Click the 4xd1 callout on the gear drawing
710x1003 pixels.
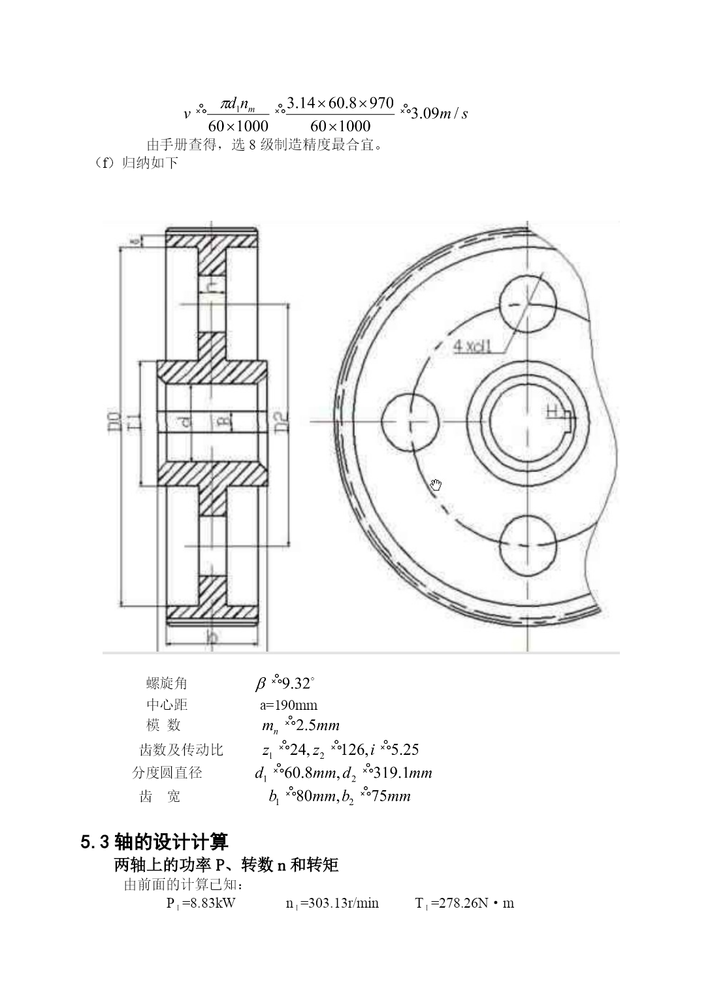click(472, 345)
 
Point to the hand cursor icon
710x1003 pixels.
click(436, 485)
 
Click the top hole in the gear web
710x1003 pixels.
click(528, 304)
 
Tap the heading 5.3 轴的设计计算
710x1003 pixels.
click(154, 842)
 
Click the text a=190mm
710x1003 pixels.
click(289, 705)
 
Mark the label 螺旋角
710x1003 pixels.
click(167, 684)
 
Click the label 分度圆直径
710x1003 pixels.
click(167, 772)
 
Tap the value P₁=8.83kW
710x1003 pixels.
click(201, 904)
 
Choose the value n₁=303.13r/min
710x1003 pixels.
click(332, 904)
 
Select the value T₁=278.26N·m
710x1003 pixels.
click(464, 904)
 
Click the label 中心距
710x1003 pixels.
click(167, 705)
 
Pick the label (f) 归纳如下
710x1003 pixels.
click(137, 163)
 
